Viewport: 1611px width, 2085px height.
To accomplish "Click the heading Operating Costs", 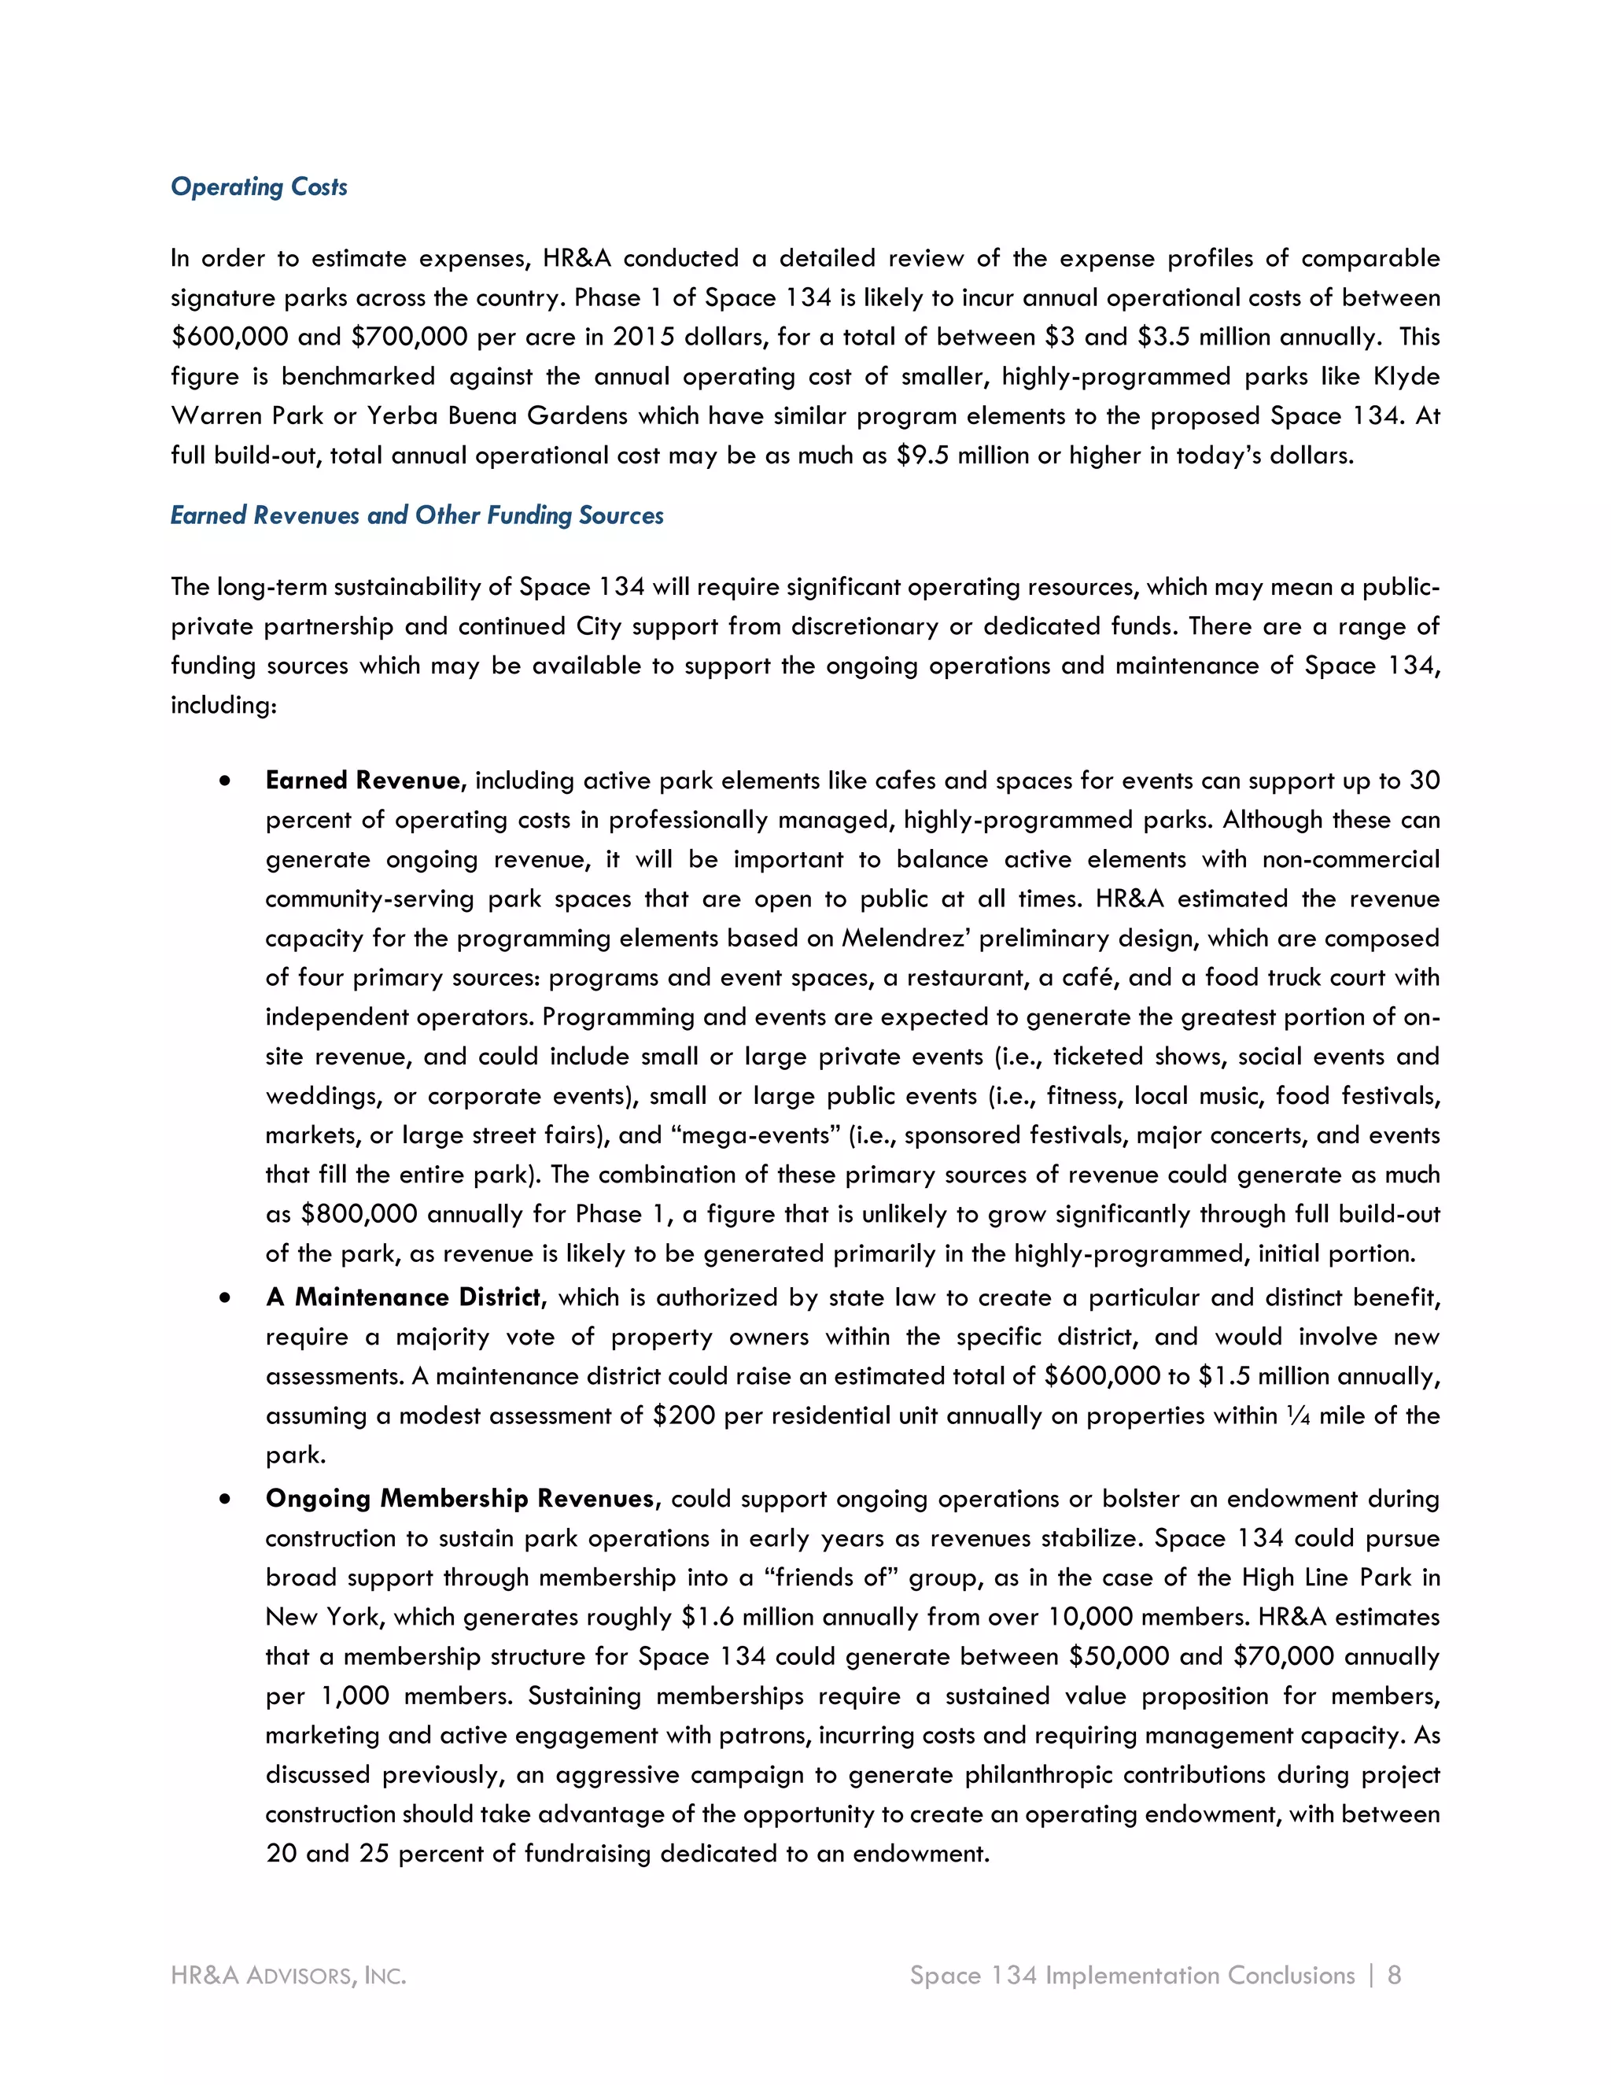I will [x=259, y=187].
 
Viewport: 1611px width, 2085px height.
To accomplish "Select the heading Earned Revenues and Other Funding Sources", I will [x=417, y=515].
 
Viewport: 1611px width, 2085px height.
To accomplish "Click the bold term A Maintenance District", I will [x=404, y=1297].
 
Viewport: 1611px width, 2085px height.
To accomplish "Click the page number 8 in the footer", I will [x=1395, y=1975].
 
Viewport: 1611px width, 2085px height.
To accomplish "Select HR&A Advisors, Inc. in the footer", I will [x=288, y=1975].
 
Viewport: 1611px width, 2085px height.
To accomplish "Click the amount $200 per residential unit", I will [x=684, y=1415].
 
